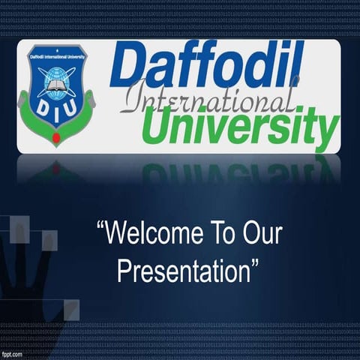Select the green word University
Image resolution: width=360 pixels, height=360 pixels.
pyautogui.click(x=240, y=126)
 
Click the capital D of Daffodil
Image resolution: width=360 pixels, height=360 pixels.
pyautogui.click(x=127, y=66)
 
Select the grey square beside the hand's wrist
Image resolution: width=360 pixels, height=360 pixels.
pyautogui.click(x=70, y=308)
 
